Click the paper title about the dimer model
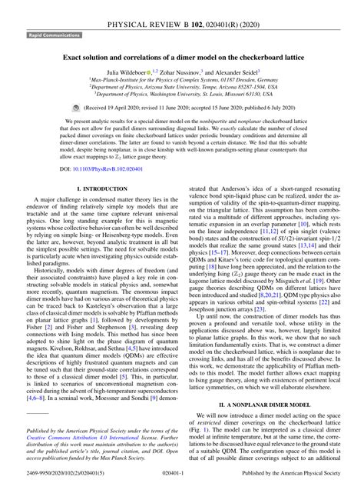[181, 58]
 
